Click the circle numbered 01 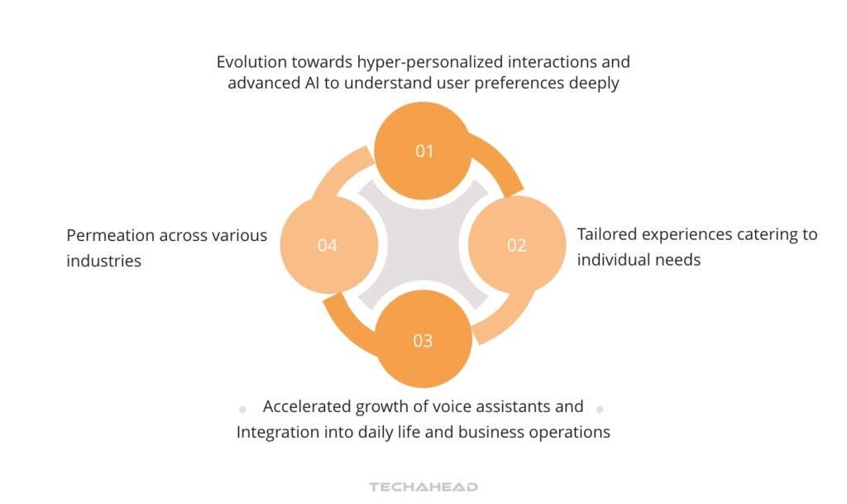click(x=423, y=151)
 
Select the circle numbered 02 click(x=517, y=245)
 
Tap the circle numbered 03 click(x=423, y=340)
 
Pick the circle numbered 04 click(x=328, y=245)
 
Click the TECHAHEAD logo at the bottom click(x=423, y=487)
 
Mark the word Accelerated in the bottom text click(x=308, y=406)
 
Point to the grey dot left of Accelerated click(x=242, y=409)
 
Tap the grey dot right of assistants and click(x=600, y=409)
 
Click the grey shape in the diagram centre click(x=423, y=245)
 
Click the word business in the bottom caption click(x=478, y=432)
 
